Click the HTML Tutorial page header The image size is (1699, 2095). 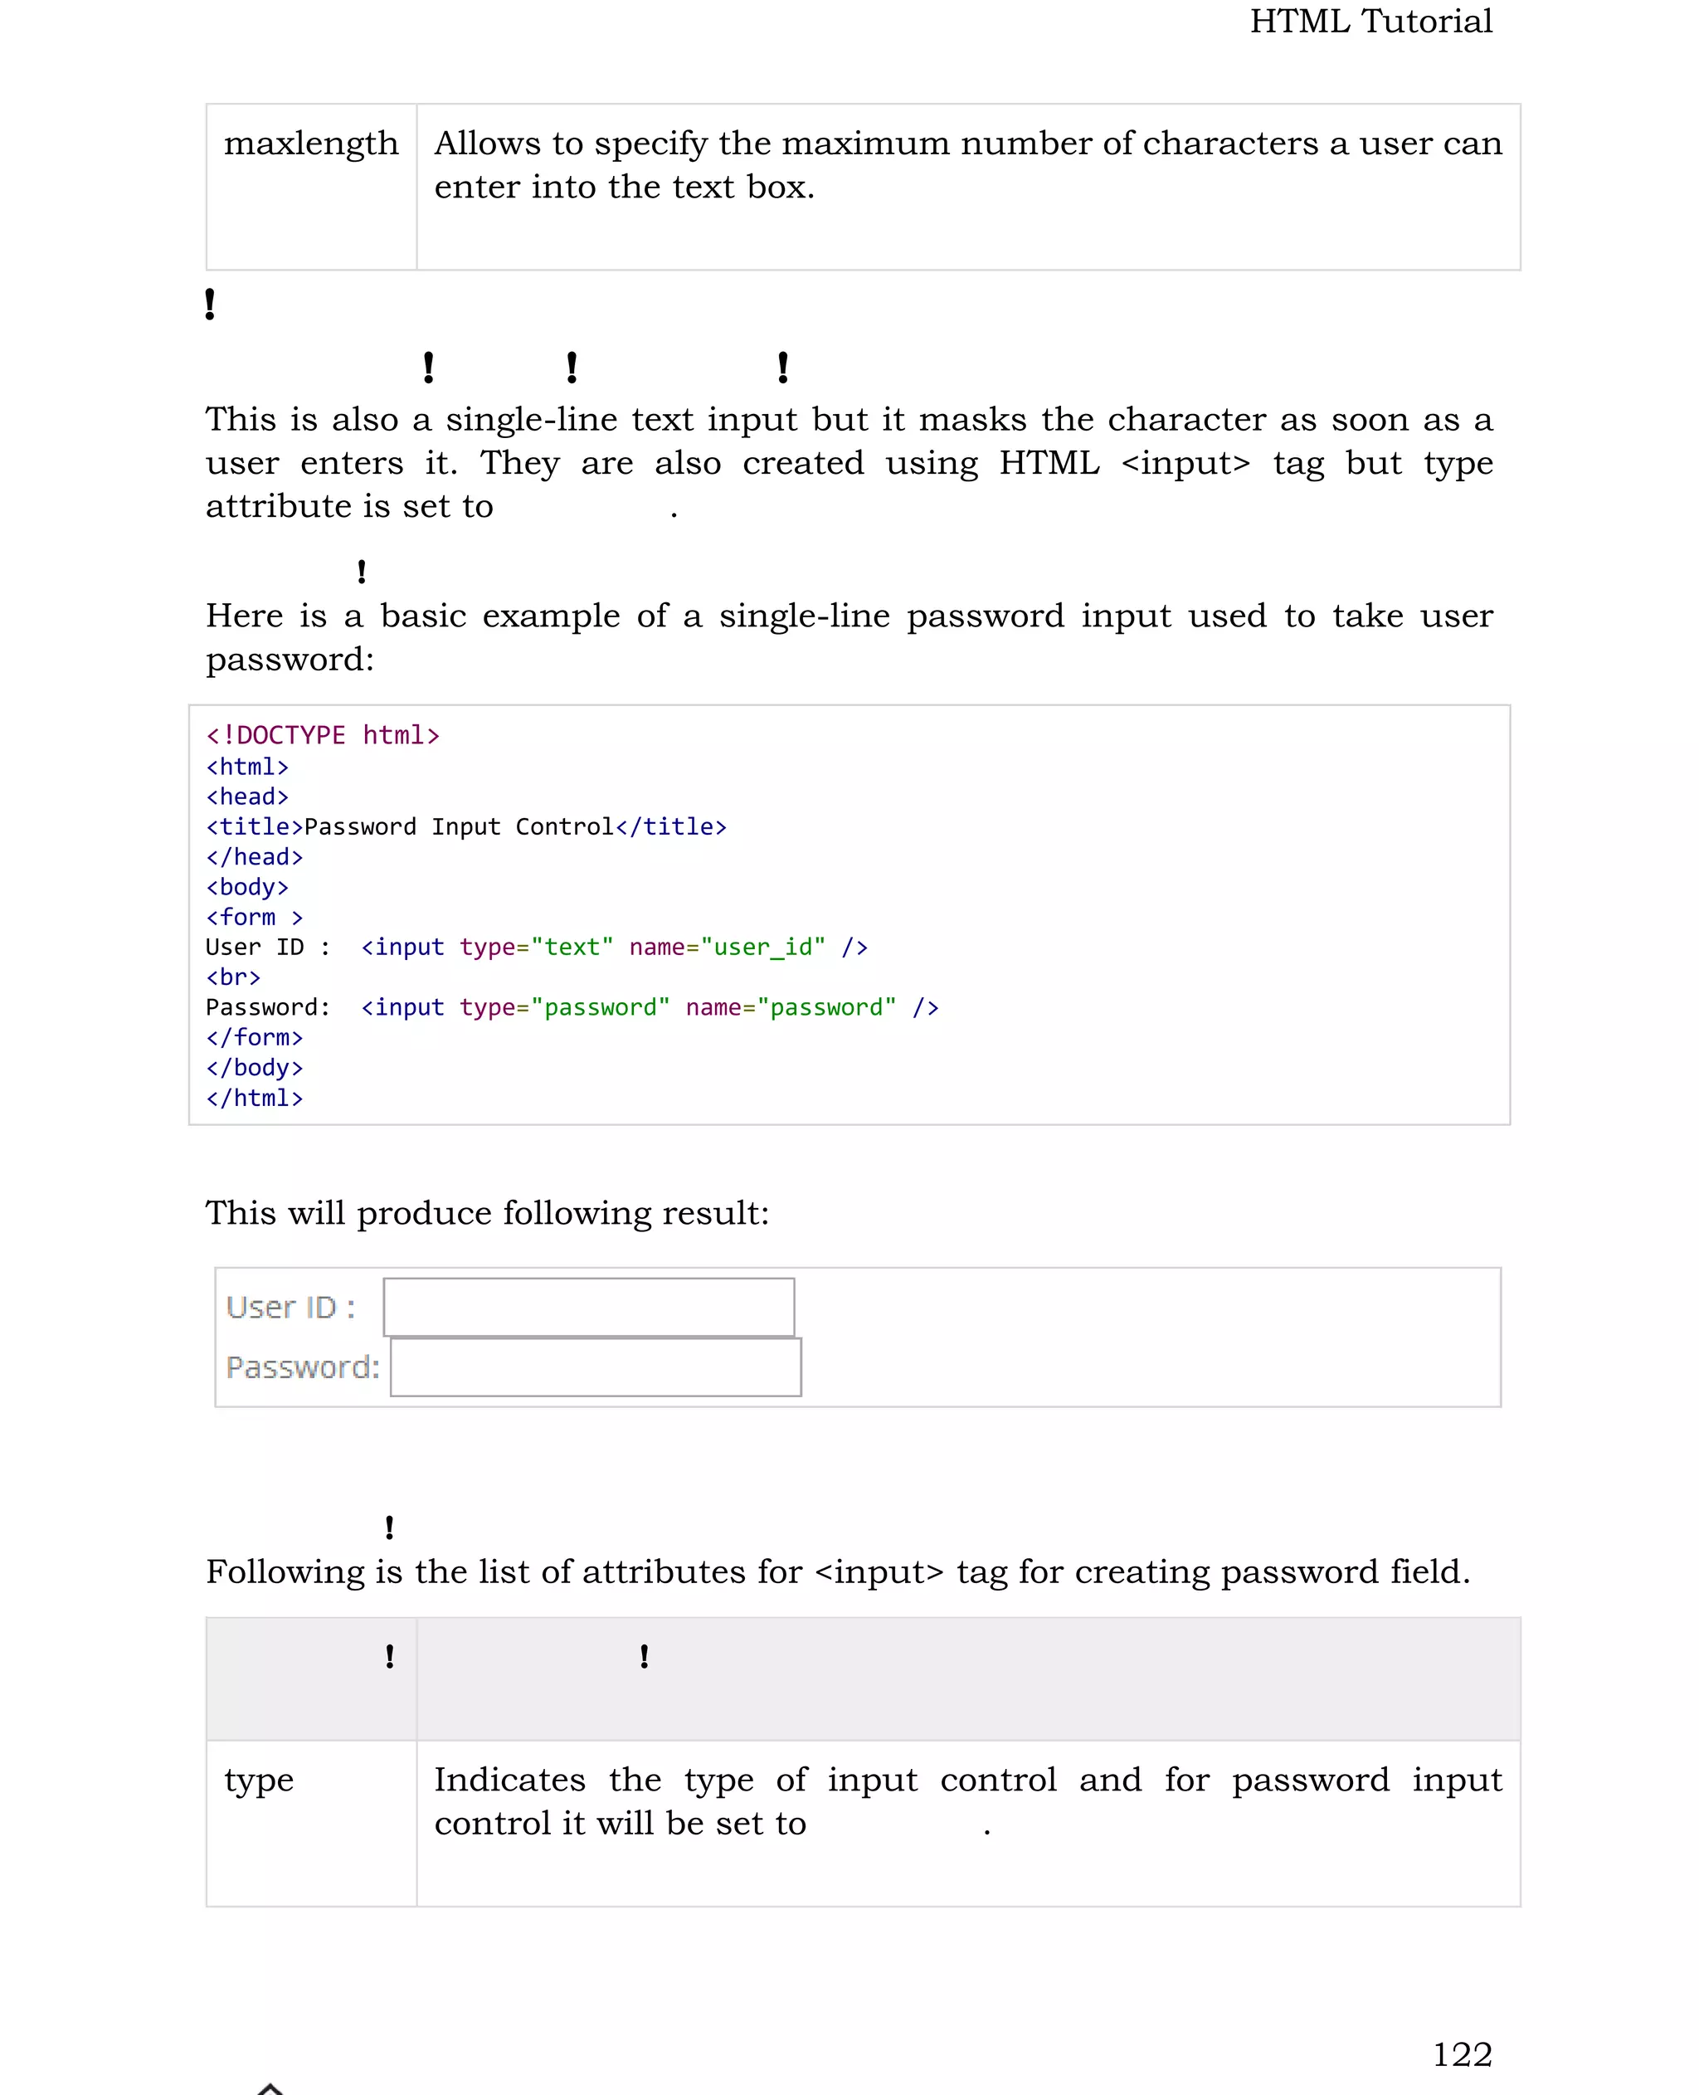coord(1370,22)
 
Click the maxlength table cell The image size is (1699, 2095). coord(311,144)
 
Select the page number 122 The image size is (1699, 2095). coord(1463,2054)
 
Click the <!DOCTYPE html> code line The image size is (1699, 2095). coord(323,735)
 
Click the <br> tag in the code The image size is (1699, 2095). coord(233,977)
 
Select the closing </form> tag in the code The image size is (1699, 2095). coord(255,1038)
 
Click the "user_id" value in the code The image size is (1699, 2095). coord(763,948)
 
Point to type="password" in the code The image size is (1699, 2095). coord(565,1007)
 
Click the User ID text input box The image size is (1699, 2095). coord(588,1307)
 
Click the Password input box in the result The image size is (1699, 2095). coord(595,1367)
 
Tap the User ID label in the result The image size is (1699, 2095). coord(290,1308)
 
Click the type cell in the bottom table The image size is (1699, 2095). coord(258,1780)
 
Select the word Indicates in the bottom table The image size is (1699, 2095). coord(509,1780)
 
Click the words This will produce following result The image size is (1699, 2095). coord(486,1213)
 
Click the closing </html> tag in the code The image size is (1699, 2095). coord(255,1099)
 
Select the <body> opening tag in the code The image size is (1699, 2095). coord(246,887)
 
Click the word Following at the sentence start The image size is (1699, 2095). coord(285,1571)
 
